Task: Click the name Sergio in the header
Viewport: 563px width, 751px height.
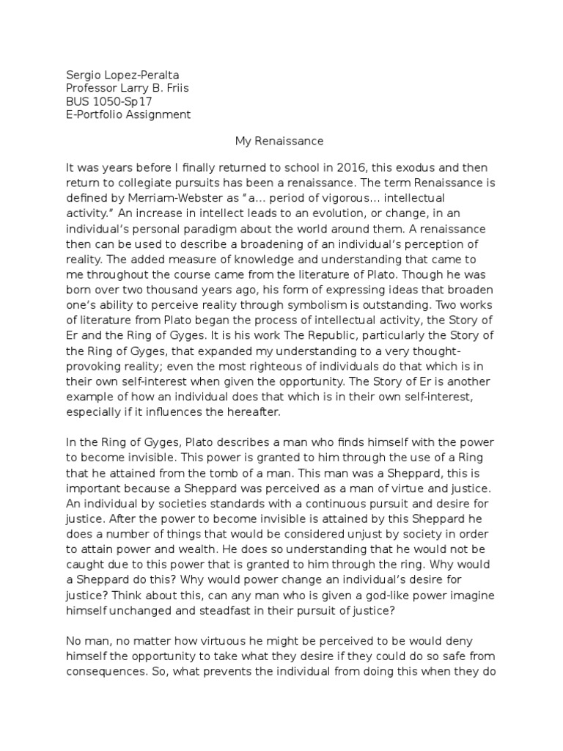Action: pos(82,76)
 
